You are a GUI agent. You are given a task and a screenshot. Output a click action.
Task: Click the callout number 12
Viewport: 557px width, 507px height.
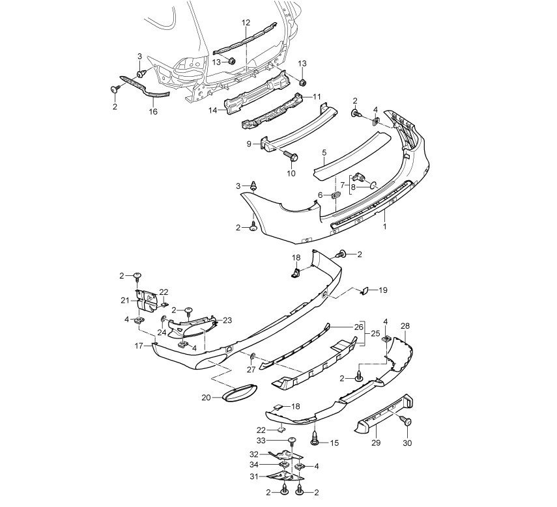[246, 23]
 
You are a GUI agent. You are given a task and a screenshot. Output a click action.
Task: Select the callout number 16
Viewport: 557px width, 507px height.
[153, 112]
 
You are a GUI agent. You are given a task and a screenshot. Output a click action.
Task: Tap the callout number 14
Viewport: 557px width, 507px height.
[213, 111]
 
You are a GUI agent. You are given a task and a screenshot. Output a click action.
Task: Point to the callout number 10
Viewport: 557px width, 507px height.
[291, 173]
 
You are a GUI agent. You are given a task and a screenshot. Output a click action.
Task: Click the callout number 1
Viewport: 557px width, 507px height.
[384, 225]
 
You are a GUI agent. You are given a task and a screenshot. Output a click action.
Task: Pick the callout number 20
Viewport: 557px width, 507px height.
[206, 398]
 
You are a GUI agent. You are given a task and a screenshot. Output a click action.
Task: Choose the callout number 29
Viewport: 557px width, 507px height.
[376, 443]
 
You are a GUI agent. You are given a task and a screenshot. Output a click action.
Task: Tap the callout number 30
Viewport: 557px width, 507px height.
[407, 443]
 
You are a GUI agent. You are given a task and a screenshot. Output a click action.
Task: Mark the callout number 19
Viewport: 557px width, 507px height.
[382, 290]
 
